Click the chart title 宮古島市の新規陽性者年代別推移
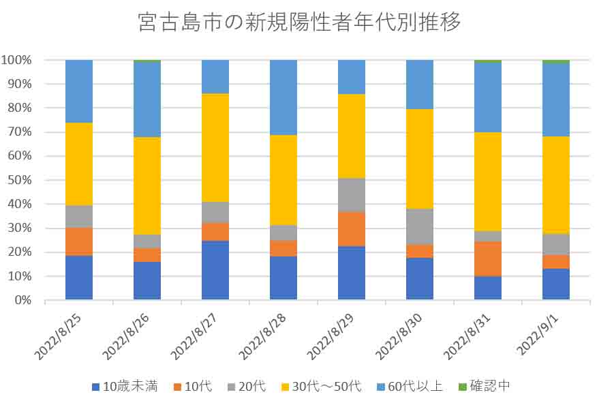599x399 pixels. pos(299,22)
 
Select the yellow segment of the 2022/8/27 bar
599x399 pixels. pos(215,147)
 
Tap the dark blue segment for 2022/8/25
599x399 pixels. pos(79,278)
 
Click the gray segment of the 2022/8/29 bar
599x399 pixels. pos(352,195)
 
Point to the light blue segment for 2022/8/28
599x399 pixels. pos(283,98)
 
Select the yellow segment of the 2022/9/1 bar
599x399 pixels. pos(556,185)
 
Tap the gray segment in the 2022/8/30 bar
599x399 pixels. pos(420,226)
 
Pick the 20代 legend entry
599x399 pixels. pos(247,386)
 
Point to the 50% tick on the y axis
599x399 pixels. pos(19,180)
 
